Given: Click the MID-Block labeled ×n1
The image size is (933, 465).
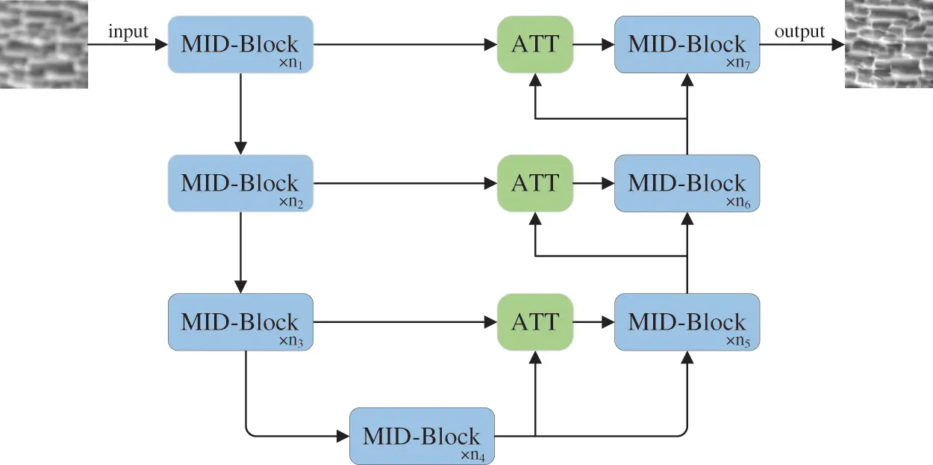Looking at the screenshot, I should [240, 44].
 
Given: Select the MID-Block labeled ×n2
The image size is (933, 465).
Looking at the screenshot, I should [240, 183].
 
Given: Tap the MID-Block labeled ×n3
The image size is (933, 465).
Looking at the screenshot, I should [240, 322].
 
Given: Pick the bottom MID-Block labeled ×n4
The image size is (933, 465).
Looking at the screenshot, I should [422, 436].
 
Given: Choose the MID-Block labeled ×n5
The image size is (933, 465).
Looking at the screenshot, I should [687, 322].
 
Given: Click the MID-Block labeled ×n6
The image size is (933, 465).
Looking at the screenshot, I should [687, 183].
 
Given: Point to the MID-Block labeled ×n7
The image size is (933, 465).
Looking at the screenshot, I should [687, 44].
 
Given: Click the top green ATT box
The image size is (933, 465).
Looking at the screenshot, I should [534, 44].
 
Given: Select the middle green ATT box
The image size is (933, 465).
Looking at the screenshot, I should [534, 183].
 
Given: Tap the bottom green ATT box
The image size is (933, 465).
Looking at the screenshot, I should [534, 322].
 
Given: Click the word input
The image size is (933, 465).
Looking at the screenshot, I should [128, 31].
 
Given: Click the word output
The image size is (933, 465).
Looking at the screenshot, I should [799, 31].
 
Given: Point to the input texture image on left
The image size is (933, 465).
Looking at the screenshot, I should [43, 44].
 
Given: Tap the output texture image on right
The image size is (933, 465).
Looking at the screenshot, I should [888, 44].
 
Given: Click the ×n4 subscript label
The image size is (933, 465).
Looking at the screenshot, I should [475, 454].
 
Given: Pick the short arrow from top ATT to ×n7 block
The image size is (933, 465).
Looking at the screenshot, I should [593, 45].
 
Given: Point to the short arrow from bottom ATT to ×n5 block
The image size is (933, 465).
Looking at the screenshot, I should [593, 323].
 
